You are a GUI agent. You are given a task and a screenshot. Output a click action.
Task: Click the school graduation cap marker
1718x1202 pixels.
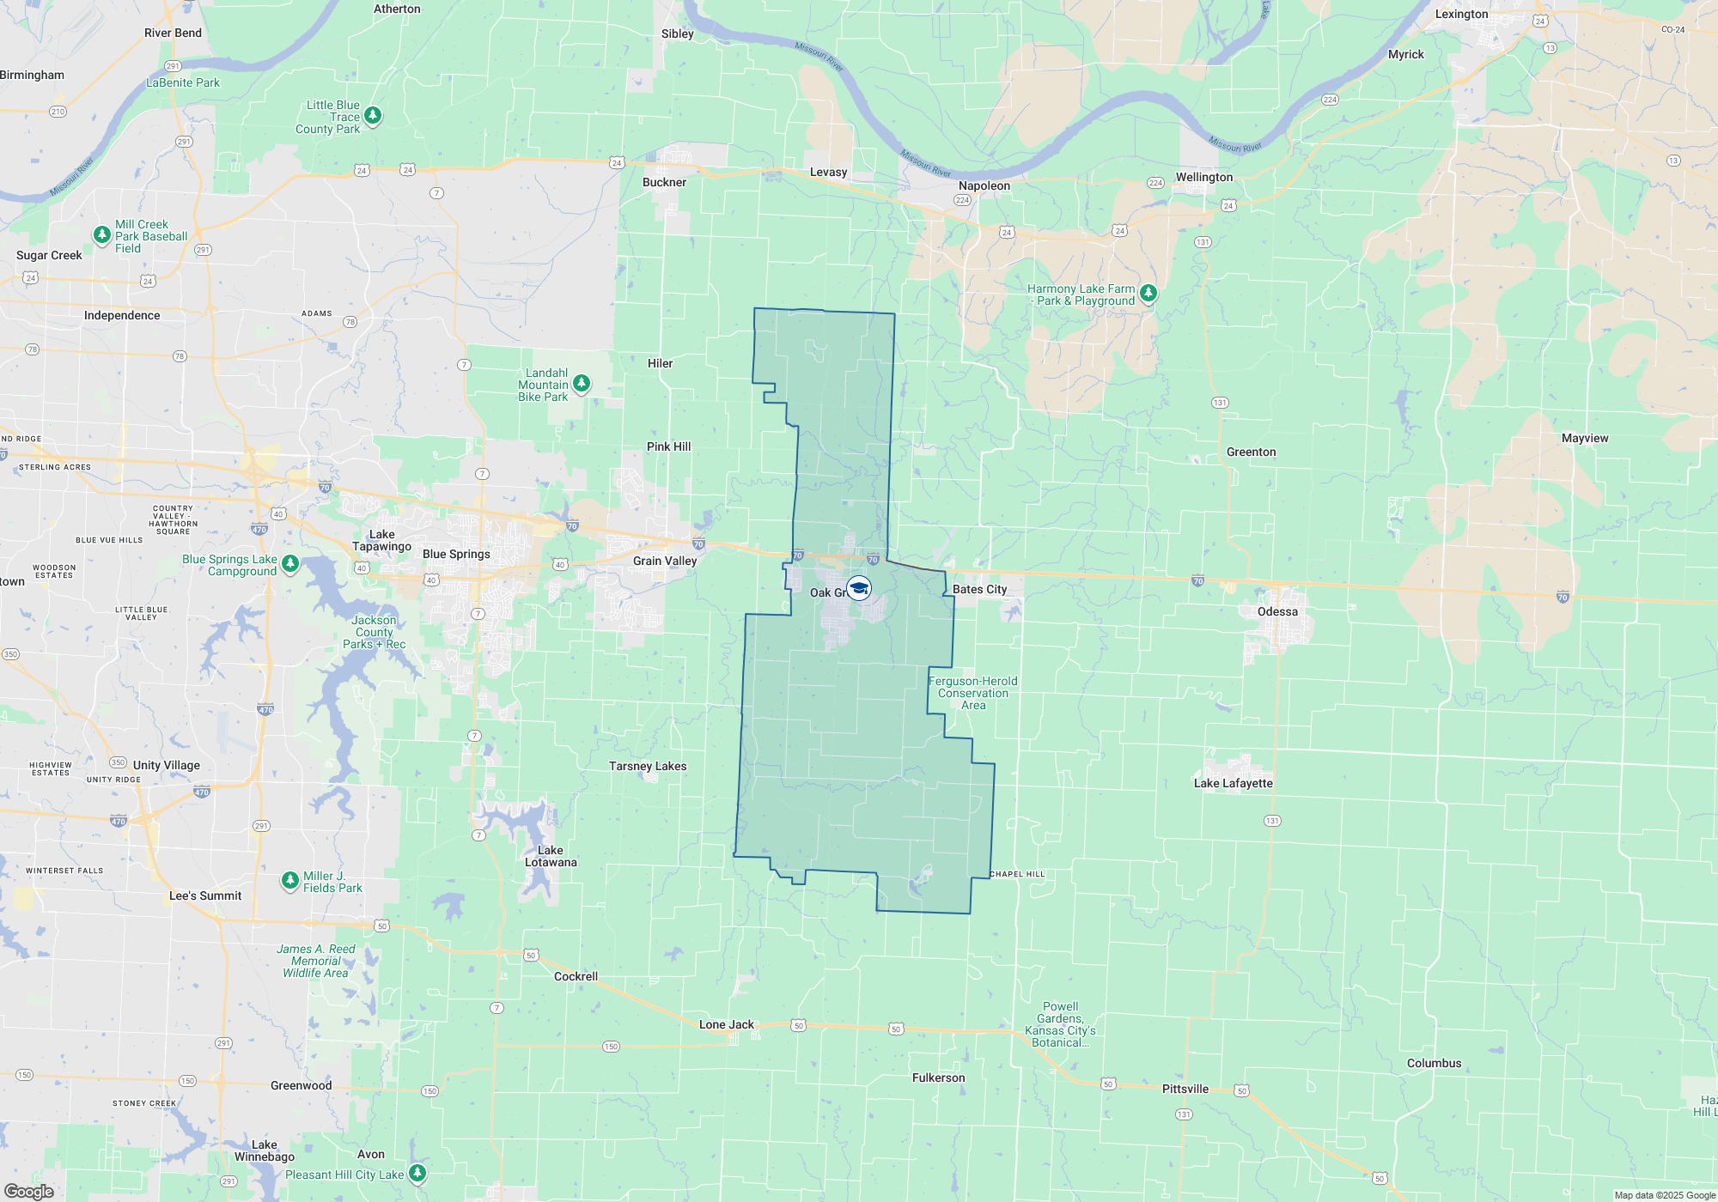[x=859, y=588]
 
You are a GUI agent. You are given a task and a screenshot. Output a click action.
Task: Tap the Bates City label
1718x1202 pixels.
[x=979, y=589]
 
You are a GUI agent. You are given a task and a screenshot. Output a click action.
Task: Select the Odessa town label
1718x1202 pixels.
[x=1277, y=611]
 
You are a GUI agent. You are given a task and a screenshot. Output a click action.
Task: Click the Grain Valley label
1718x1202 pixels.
[x=665, y=561]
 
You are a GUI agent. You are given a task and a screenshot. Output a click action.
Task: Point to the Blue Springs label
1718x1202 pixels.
[x=456, y=554]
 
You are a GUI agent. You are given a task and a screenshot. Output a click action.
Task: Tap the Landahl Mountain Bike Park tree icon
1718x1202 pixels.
[x=582, y=383]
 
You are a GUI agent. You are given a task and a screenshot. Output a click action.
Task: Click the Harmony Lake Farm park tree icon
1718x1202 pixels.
[x=1148, y=294]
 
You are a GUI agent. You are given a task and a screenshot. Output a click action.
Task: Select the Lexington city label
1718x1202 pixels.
[x=1461, y=14]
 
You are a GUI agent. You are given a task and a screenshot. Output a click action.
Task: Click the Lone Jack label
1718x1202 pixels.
[x=726, y=1024]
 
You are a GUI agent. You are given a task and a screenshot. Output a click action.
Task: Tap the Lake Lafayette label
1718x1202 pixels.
[x=1233, y=783]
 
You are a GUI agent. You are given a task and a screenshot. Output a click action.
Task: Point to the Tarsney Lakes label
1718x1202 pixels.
[x=648, y=766]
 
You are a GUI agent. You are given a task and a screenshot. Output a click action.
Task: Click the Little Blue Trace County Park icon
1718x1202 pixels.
[x=372, y=114]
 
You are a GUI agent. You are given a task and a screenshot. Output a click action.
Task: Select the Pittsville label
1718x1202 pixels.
[x=1185, y=1089]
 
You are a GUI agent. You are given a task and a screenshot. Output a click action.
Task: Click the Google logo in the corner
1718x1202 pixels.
[x=29, y=1191]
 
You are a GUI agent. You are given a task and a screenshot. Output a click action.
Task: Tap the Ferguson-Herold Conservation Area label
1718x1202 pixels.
[x=972, y=693]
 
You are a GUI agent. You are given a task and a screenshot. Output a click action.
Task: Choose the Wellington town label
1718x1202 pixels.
[x=1203, y=177]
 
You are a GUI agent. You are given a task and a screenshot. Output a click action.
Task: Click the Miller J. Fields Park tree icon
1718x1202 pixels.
[x=290, y=880]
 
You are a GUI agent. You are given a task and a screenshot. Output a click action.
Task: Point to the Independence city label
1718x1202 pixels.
[x=122, y=315]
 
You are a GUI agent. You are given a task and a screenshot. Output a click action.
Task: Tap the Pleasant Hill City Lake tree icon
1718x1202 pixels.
[x=417, y=1172]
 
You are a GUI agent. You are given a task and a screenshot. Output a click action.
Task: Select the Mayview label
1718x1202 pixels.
[x=1584, y=438]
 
